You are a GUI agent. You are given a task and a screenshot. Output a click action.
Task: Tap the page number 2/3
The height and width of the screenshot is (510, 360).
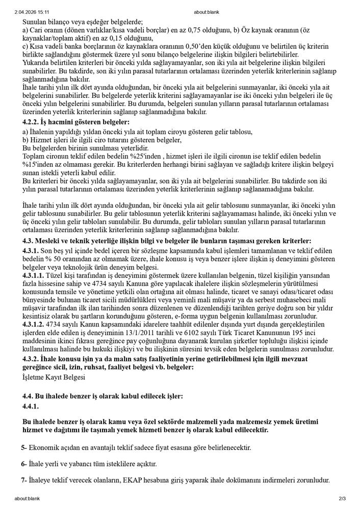(342, 498)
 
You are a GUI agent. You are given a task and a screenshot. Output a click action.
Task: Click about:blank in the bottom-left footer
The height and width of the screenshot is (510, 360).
(27, 498)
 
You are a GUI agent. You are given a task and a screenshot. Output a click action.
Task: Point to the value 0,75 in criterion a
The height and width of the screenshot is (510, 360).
(178, 30)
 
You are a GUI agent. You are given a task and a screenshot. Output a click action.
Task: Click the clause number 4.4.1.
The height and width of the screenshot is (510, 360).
(31, 406)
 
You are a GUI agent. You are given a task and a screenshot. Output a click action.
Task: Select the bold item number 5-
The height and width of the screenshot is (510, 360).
(24, 448)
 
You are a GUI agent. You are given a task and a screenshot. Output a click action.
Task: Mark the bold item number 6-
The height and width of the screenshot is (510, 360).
(24, 464)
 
